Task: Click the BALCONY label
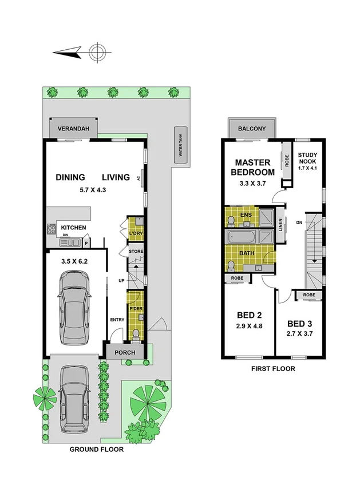pyautogui.click(x=252, y=129)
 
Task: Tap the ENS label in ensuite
pyautogui.click(x=246, y=214)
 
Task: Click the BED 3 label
pyautogui.click(x=300, y=323)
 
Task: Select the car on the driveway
pyautogui.click(x=75, y=398)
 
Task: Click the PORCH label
pyautogui.click(x=125, y=352)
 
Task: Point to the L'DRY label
pyautogui.click(x=136, y=234)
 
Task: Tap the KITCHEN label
pyautogui.click(x=74, y=228)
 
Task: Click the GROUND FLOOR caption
pyautogui.click(x=96, y=450)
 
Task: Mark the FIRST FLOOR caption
pyautogui.click(x=273, y=369)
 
